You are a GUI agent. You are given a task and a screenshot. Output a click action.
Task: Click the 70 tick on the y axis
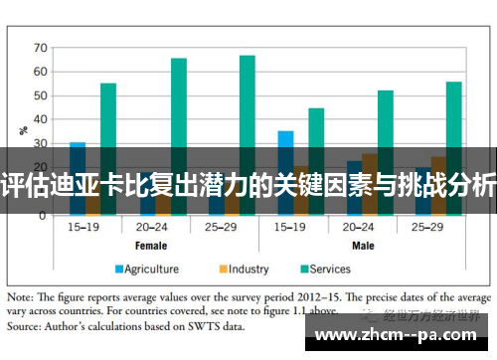click(x=41, y=48)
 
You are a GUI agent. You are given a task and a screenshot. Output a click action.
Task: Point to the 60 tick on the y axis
click(x=41, y=72)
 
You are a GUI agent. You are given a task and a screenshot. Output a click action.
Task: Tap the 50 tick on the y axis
click(x=41, y=95)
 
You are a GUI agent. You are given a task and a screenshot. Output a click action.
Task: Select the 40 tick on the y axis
click(x=41, y=119)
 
